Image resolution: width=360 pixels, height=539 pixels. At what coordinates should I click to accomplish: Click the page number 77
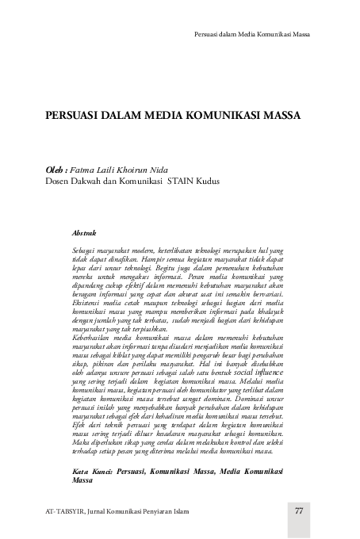click(x=299, y=510)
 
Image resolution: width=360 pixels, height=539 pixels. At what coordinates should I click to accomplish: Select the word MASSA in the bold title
click(x=280, y=115)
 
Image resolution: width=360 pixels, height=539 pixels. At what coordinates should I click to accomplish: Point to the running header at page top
click(x=252, y=36)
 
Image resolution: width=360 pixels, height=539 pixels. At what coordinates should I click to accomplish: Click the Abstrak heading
click(x=84, y=232)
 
